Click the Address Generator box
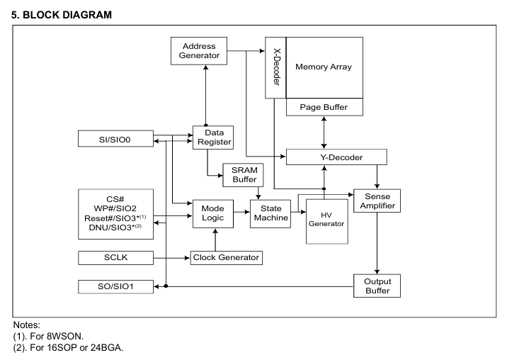(x=205, y=51)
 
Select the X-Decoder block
(x=275, y=67)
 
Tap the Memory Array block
(x=324, y=67)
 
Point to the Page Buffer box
(x=324, y=107)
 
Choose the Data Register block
(x=213, y=138)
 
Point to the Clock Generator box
(x=227, y=257)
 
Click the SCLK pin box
(x=115, y=257)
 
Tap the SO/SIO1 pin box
(x=115, y=287)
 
